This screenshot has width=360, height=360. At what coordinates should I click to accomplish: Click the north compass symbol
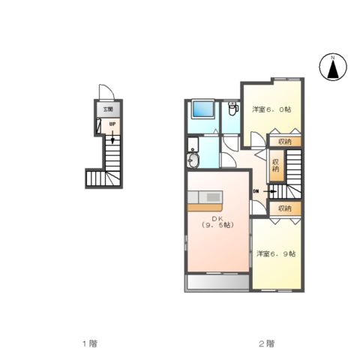(x=333, y=67)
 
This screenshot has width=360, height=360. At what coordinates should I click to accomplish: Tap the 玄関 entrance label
(x=108, y=109)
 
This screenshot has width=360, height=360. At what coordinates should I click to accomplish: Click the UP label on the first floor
(x=112, y=124)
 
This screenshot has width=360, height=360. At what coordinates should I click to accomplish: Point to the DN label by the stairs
(x=256, y=191)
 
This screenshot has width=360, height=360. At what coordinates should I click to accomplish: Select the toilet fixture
(x=233, y=108)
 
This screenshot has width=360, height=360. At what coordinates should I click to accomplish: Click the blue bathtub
(x=203, y=109)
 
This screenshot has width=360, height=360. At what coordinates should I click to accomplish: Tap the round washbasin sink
(x=193, y=160)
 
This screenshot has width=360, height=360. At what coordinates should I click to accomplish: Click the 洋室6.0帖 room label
(x=271, y=109)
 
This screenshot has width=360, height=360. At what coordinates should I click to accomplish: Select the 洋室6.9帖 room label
(x=276, y=254)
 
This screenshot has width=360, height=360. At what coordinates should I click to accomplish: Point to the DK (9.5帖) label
(x=217, y=222)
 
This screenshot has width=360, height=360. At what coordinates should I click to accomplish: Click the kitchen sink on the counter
(x=214, y=197)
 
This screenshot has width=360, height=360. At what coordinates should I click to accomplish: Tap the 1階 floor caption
(x=90, y=343)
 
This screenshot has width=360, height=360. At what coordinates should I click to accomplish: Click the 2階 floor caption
(x=266, y=343)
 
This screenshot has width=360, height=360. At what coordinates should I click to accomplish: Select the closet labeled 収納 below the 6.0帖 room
(x=285, y=142)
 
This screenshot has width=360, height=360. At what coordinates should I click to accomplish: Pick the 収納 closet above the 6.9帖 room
(x=285, y=208)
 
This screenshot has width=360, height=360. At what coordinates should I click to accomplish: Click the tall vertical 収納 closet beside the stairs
(x=276, y=166)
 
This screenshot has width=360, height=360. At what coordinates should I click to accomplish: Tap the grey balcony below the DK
(x=218, y=282)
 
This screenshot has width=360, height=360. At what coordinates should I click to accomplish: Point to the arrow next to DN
(x=270, y=191)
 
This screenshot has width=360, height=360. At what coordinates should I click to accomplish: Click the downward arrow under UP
(x=112, y=137)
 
